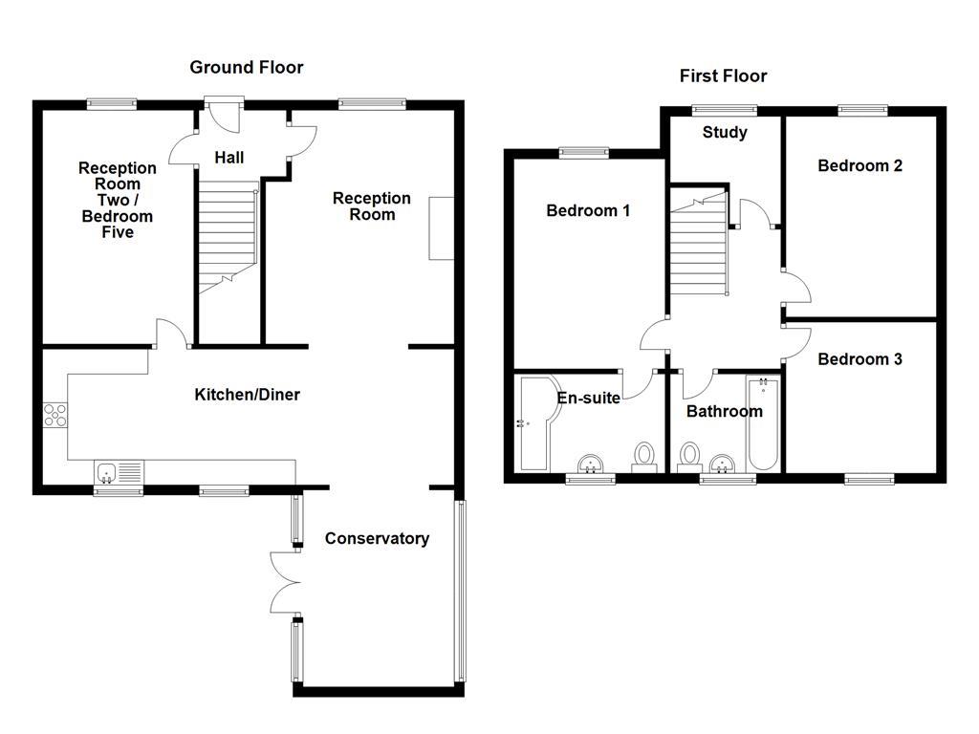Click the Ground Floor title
[x=246, y=67]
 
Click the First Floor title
[x=723, y=76]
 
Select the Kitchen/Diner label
[x=247, y=395]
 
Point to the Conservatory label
[x=377, y=538]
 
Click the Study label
[x=725, y=132]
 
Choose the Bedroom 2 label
[x=859, y=165]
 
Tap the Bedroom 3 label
[x=859, y=359]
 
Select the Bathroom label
[x=724, y=411]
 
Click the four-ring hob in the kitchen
[x=55, y=415]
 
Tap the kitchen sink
[x=119, y=471]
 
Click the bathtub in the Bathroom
[x=763, y=424]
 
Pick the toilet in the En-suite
[x=644, y=456]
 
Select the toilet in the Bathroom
[x=687, y=456]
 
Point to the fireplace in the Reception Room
[x=441, y=228]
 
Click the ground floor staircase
[x=228, y=235]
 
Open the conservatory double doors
[x=285, y=580]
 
